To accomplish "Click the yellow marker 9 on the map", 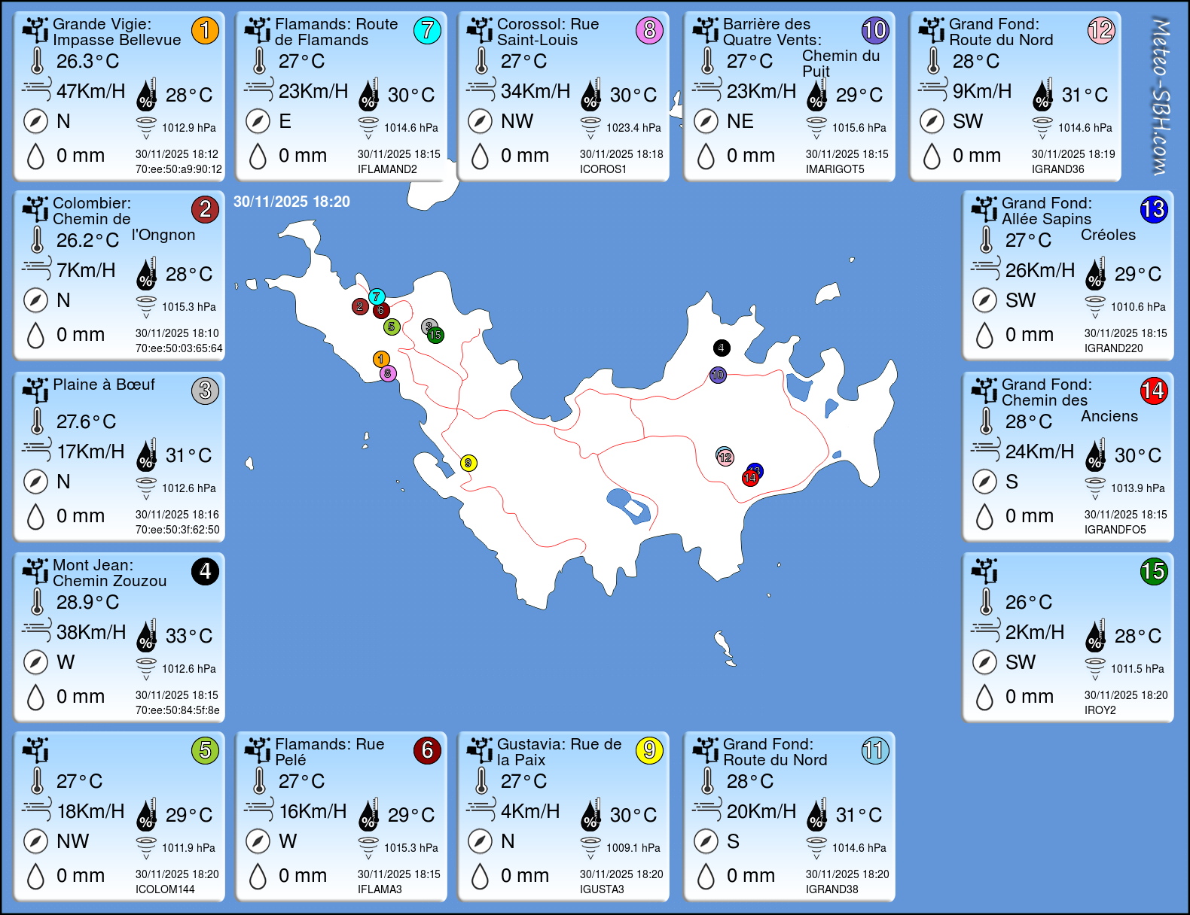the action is point(468,463).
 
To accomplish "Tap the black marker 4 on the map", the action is point(722,348).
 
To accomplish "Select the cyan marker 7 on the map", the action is point(377,296).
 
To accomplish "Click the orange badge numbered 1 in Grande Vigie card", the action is point(205,30).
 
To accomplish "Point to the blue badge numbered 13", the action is point(1153,209).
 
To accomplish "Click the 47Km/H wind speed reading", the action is point(90,91).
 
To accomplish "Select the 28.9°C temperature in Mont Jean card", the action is point(87,602).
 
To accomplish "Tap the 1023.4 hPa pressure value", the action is point(633,128).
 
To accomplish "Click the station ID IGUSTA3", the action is point(602,889).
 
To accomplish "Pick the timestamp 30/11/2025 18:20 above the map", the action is point(291,202).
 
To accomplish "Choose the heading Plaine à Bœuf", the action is point(104,385).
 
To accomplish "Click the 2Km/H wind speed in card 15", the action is point(1034,632).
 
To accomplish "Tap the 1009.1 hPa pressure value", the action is point(633,848).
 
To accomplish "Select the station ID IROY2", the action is point(1100,710).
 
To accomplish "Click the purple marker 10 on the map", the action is point(718,375).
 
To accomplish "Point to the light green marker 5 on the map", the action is point(391,327).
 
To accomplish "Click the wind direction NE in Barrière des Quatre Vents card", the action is point(740,121).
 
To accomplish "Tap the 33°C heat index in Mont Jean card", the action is point(188,636).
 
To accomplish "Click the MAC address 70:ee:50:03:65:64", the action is point(178,348).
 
